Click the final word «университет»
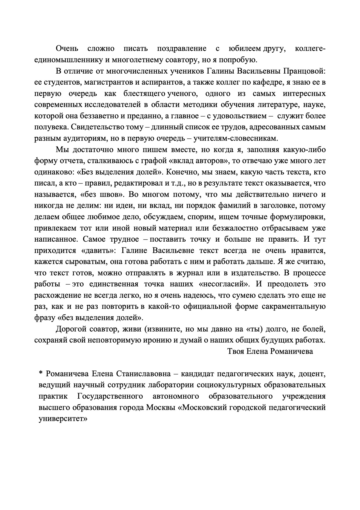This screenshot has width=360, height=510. coord(63,419)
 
